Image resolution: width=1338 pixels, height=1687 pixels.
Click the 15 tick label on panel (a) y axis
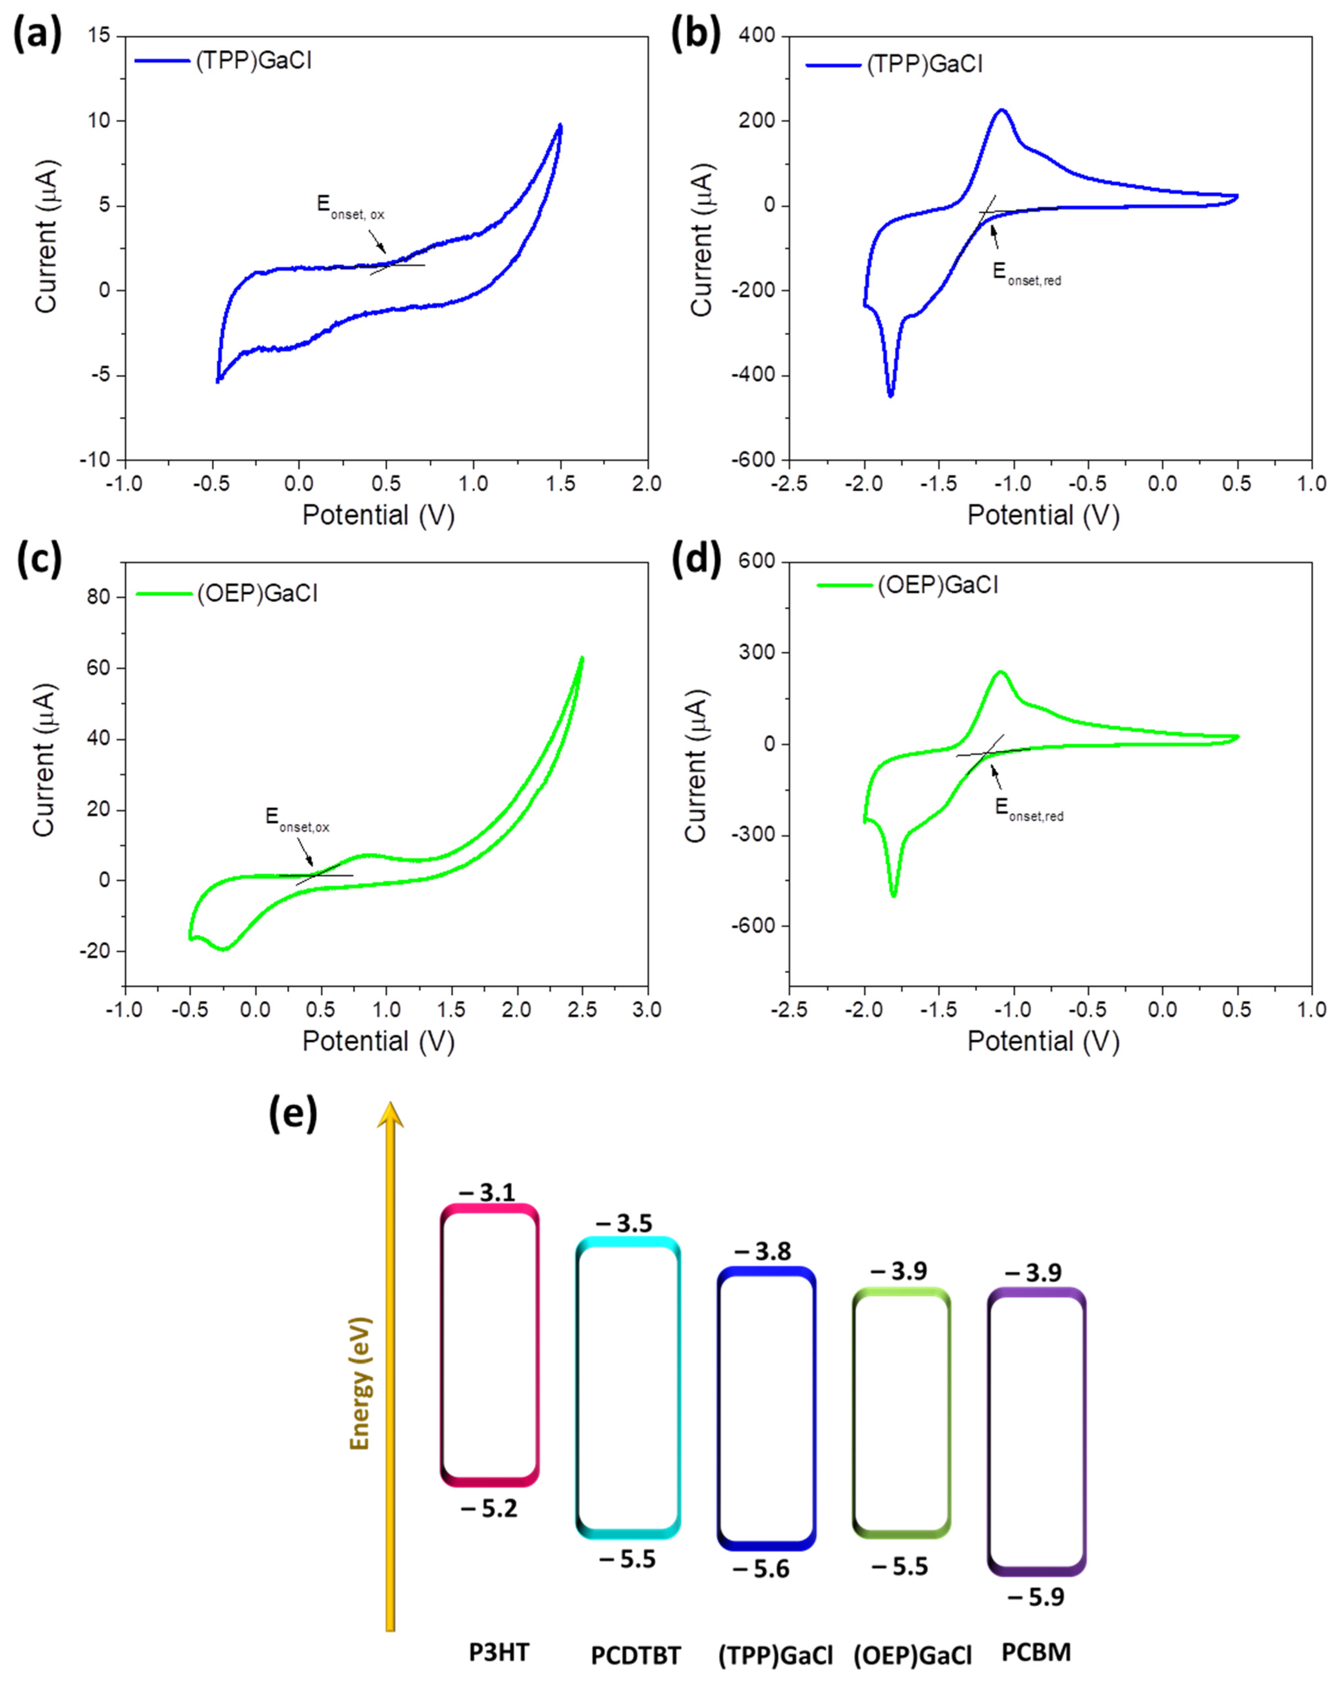tap(99, 36)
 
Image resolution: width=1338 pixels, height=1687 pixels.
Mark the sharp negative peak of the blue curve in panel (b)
tap(890, 394)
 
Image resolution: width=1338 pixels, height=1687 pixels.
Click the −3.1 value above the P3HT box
tap(487, 1192)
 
